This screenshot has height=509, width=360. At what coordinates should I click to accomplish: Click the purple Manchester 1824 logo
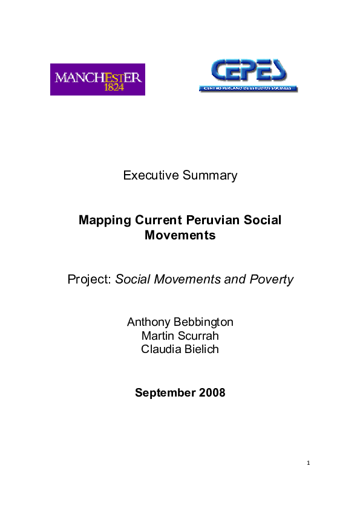tap(97, 79)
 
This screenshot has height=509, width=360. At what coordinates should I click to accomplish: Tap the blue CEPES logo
tap(248, 75)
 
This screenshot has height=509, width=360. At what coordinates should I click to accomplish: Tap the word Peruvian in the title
tap(211, 220)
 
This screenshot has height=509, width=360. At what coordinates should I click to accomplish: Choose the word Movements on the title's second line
tap(180, 235)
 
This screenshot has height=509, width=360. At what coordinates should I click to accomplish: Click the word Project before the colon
tap(88, 279)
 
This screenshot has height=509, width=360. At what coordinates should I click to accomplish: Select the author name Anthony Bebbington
tap(180, 322)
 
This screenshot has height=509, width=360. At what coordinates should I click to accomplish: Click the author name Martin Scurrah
tap(180, 336)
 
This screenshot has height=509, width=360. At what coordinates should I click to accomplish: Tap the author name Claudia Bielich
tap(180, 349)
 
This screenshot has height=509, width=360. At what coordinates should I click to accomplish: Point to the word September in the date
tap(165, 393)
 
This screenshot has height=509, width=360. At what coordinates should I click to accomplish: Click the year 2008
tap(212, 393)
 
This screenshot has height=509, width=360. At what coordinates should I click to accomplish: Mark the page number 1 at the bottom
tap(308, 464)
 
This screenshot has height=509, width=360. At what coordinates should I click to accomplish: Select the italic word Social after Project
tap(133, 279)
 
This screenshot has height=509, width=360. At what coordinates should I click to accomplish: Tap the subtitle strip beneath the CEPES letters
tap(248, 88)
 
